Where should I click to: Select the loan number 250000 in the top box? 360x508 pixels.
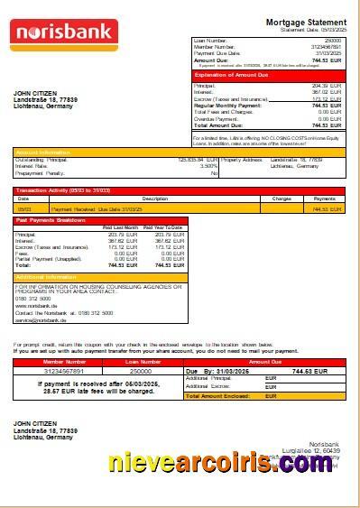point(333,41)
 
